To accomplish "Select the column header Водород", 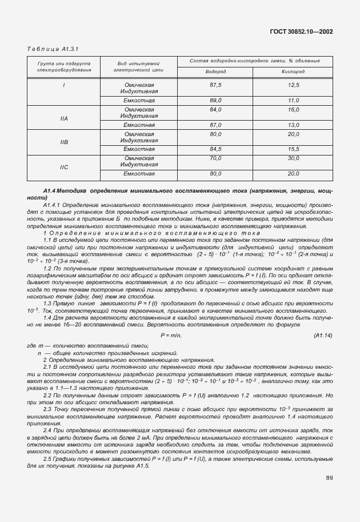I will tap(215, 71).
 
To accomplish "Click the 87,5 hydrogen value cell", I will tap(215, 85).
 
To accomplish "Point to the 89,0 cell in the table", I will tap(215, 100).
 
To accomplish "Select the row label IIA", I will tap(64, 118).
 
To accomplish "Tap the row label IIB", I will tap(64, 142).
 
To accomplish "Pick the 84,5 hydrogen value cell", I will tap(215, 149).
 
